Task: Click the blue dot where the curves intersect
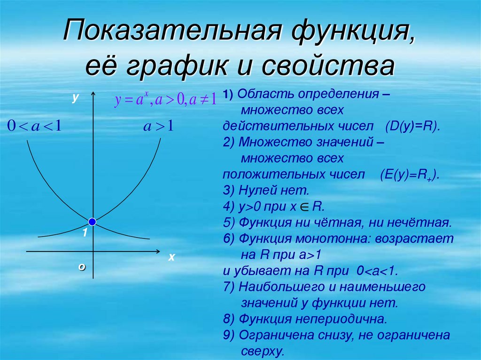pyautogui.click(x=93, y=221)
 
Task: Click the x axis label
pyautogui.click(x=171, y=257)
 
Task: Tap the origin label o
pyautogui.click(x=82, y=266)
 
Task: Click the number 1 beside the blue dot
pyautogui.click(x=85, y=233)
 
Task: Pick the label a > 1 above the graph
pyautogui.click(x=158, y=126)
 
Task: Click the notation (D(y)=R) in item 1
pyautogui.click(x=411, y=126)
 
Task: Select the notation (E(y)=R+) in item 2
pyautogui.click(x=409, y=175)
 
